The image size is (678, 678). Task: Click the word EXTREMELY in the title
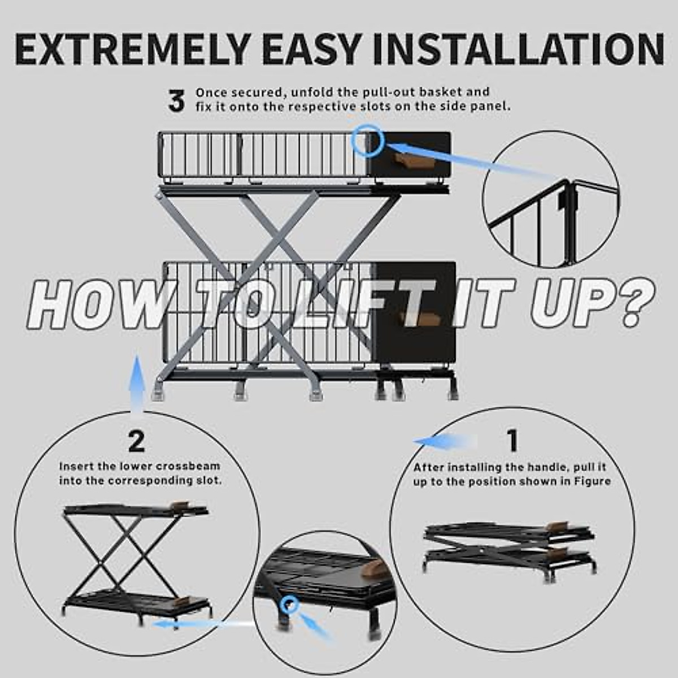click(133, 49)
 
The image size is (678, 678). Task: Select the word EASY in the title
click(312, 49)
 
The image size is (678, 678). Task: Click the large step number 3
click(176, 101)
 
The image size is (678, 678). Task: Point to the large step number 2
click(137, 442)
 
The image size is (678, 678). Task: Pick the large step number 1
click(513, 441)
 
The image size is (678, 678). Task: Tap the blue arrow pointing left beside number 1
click(446, 441)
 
